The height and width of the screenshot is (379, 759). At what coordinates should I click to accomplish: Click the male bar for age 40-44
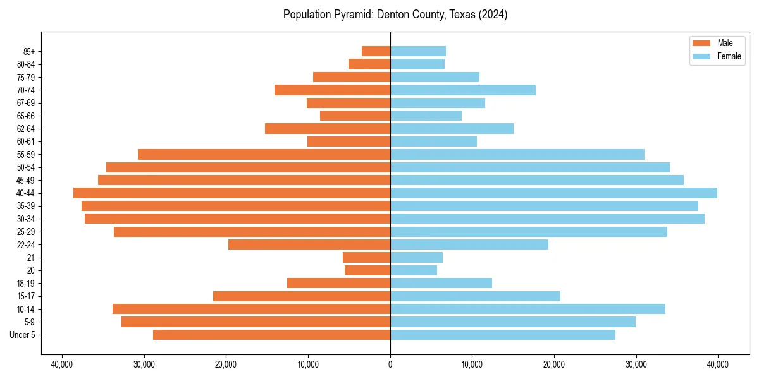click(x=231, y=193)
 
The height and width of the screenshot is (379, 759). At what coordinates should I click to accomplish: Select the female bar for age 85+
click(x=418, y=51)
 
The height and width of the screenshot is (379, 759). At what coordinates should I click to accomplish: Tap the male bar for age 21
click(x=366, y=258)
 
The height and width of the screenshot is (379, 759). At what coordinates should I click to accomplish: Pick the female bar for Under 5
click(x=503, y=335)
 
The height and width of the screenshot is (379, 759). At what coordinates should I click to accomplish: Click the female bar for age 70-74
click(x=463, y=90)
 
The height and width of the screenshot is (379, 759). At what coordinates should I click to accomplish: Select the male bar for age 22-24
click(x=309, y=244)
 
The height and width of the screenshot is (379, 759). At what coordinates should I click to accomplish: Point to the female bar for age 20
click(x=414, y=270)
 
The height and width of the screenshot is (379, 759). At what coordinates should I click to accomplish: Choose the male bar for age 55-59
click(x=264, y=154)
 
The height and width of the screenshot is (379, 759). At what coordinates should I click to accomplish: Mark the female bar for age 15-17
click(x=475, y=296)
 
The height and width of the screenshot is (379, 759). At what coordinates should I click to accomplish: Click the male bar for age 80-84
click(x=369, y=64)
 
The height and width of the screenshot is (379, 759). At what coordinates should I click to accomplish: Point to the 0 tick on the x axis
click(x=390, y=364)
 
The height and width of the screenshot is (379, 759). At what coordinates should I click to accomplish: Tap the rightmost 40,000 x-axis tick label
click(x=718, y=364)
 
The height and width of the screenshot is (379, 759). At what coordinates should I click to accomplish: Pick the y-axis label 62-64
click(x=26, y=129)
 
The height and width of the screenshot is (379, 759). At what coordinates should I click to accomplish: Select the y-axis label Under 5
click(x=23, y=335)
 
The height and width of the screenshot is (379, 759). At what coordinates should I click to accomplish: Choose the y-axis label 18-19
click(x=26, y=284)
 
